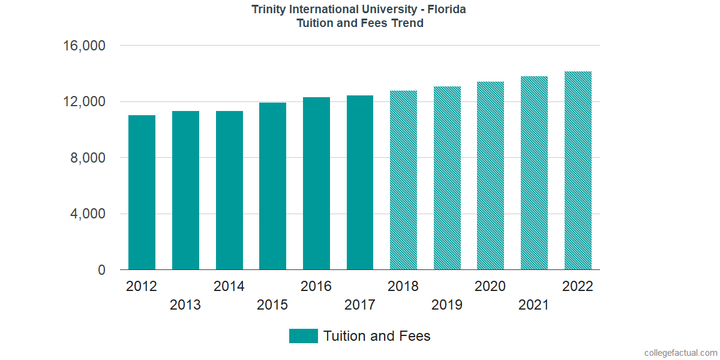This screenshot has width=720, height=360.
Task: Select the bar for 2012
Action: [x=142, y=193]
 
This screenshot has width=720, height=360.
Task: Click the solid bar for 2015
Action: [x=272, y=187]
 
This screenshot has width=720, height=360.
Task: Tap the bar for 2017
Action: [x=360, y=183]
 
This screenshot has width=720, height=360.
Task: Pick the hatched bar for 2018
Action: [x=403, y=181]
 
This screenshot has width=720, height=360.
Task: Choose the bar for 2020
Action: [x=490, y=176]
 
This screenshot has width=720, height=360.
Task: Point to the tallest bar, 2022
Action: [x=578, y=171]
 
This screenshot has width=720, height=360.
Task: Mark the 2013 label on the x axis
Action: [x=185, y=305]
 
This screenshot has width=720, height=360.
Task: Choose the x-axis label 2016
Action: [x=316, y=286]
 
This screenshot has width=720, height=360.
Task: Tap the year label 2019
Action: [x=447, y=305]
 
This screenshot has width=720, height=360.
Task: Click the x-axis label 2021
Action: [x=534, y=305]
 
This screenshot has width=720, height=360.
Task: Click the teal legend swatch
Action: [x=303, y=336]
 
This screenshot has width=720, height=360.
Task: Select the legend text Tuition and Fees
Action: [x=377, y=336]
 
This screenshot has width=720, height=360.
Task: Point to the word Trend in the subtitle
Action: [x=408, y=23]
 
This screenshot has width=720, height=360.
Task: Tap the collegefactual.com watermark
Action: [x=680, y=353]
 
